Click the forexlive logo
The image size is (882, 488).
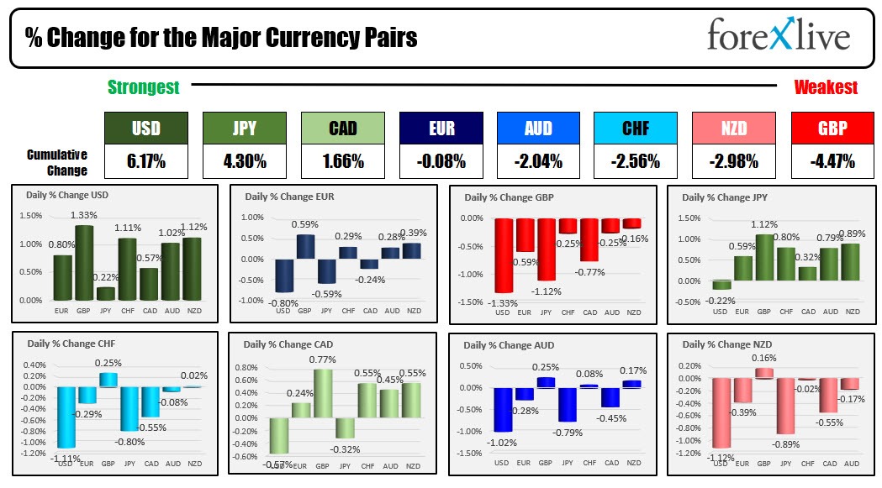(x=779, y=36)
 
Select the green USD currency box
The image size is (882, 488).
(x=145, y=129)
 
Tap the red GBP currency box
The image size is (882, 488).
(x=832, y=129)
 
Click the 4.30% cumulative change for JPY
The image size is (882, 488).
(x=244, y=160)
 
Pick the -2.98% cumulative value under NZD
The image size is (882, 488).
(x=733, y=160)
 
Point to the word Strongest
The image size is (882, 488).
(x=143, y=87)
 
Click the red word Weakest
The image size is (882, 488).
(x=826, y=87)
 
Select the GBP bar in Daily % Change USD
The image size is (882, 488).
(x=84, y=262)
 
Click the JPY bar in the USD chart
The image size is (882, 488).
(x=106, y=293)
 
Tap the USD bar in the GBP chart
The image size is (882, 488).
(x=504, y=255)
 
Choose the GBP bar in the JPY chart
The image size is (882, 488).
(x=763, y=257)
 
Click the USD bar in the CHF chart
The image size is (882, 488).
(x=66, y=417)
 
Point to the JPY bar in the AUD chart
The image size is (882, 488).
(x=567, y=404)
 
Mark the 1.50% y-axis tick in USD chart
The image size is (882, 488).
(x=30, y=216)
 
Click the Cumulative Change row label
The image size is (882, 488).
(x=57, y=162)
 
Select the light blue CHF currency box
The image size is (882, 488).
(x=636, y=129)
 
